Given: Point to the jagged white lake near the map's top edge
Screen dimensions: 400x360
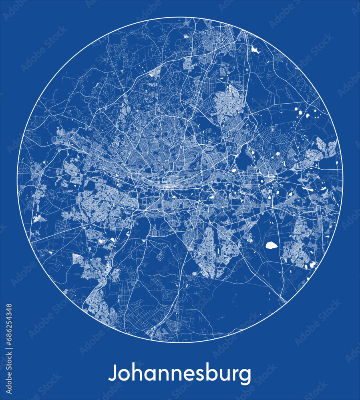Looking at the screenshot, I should pos(255,50).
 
